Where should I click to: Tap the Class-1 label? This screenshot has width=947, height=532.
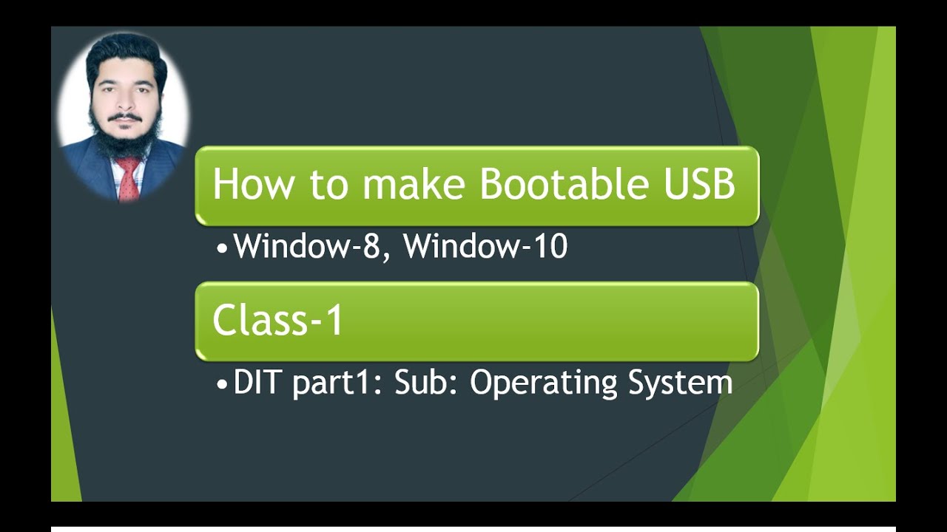click(277, 321)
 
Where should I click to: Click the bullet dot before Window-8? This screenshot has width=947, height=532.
click(223, 248)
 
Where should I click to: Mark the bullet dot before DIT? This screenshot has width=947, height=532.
click(223, 385)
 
